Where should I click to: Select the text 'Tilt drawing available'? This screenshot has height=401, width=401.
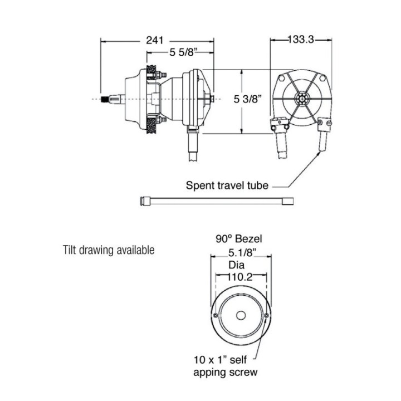click(x=108, y=250)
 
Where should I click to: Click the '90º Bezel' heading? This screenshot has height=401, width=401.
click(x=240, y=239)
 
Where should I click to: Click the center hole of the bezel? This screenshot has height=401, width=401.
click(x=241, y=316)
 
